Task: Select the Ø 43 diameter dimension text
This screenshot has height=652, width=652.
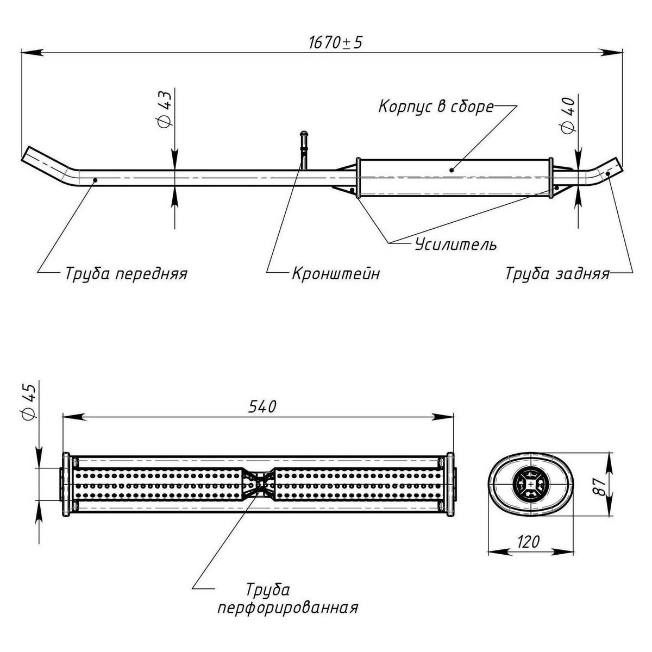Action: (x=165, y=109)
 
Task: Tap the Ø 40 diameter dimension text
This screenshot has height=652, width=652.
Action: (x=569, y=117)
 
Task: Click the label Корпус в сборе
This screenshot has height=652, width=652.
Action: (x=436, y=106)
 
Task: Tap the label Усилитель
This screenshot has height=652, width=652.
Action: (x=455, y=244)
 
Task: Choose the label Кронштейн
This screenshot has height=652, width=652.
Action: (x=335, y=273)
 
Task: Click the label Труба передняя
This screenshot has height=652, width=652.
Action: (x=126, y=273)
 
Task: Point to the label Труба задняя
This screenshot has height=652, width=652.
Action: (x=556, y=273)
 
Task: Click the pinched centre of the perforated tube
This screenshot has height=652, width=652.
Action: (x=260, y=484)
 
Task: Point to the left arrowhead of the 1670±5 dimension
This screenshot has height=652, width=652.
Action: (x=32, y=52)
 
